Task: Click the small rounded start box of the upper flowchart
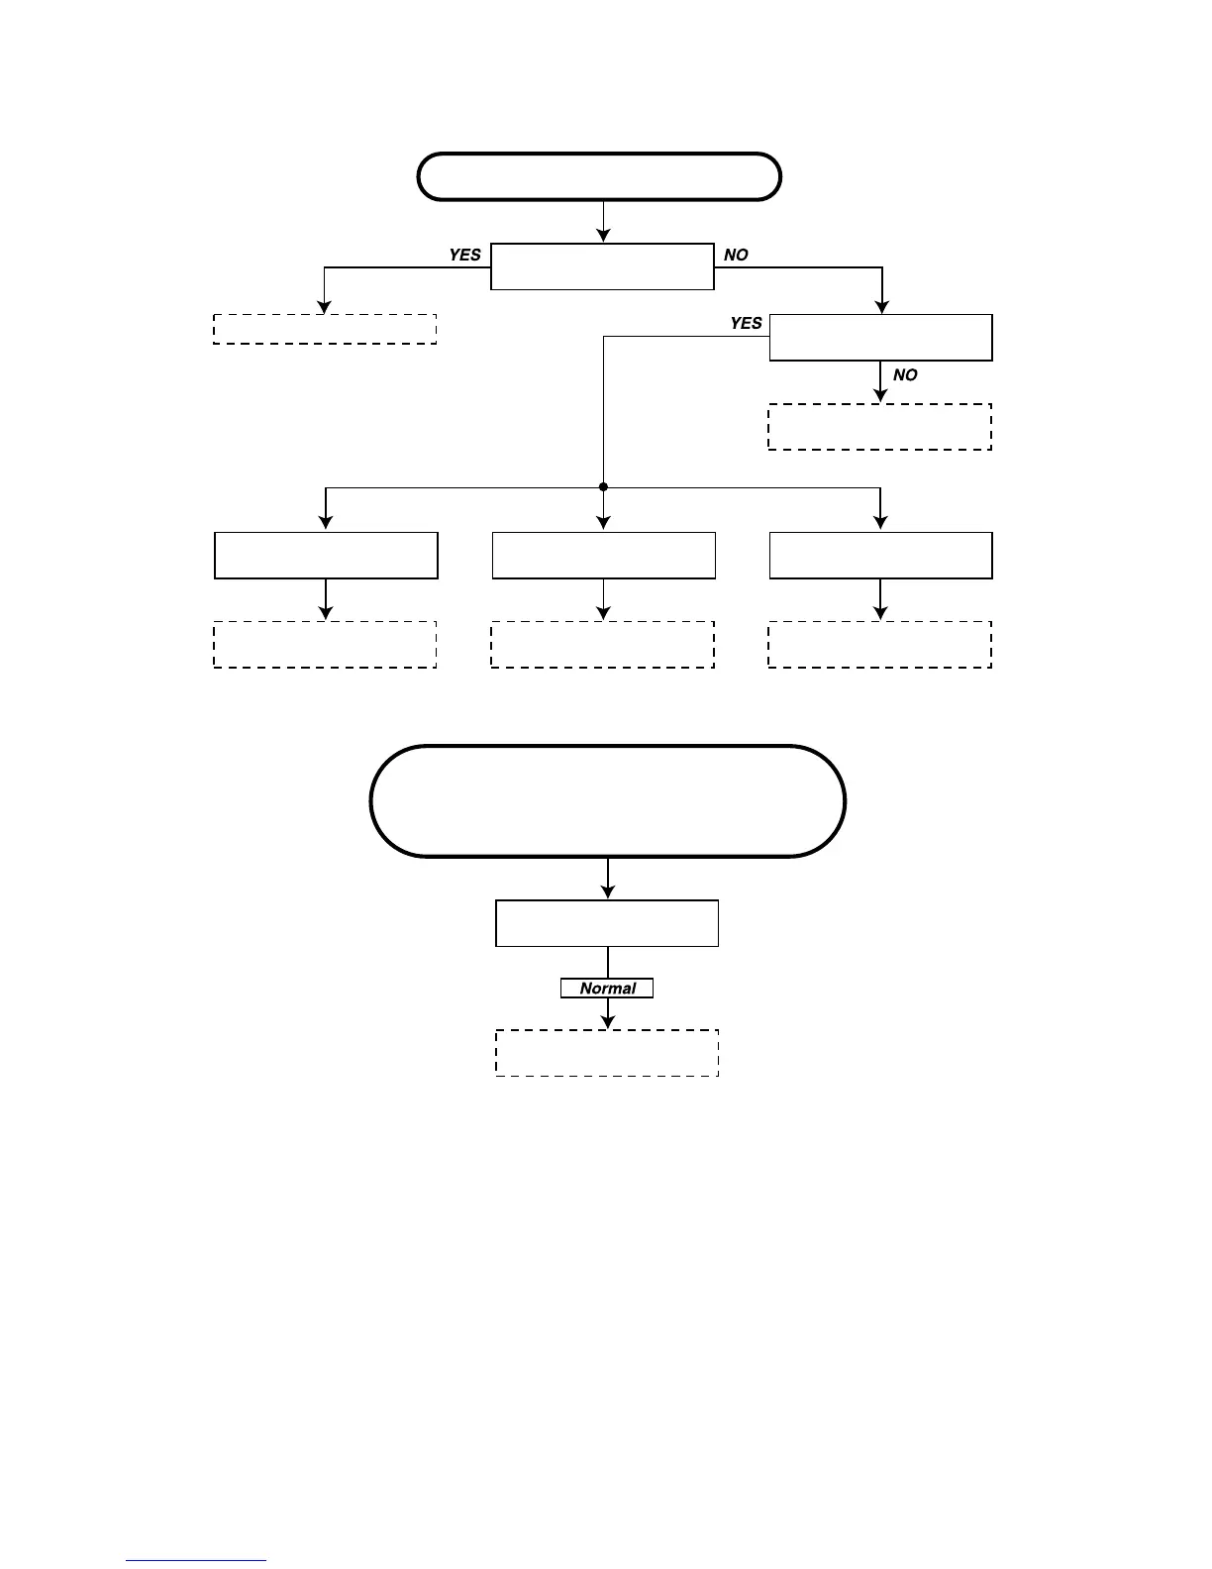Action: tap(600, 177)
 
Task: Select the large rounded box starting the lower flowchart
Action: tap(607, 800)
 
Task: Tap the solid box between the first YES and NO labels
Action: tap(602, 266)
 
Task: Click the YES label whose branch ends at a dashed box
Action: tap(464, 255)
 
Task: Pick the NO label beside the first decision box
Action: tap(736, 255)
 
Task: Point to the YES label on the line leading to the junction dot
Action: tap(746, 323)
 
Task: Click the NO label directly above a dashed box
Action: tap(905, 375)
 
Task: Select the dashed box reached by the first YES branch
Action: tap(325, 329)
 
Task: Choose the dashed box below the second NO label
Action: tap(879, 427)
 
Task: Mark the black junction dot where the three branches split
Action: tap(603, 487)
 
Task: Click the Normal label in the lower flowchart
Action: tap(607, 989)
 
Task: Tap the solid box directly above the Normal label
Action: tap(607, 923)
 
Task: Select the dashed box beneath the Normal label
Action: tap(607, 1053)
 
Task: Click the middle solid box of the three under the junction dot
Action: tap(603, 556)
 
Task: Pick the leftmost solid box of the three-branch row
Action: tap(326, 556)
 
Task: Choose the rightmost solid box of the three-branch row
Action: tap(880, 556)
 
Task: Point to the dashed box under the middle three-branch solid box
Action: tap(602, 644)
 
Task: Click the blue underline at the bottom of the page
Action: tap(196, 1561)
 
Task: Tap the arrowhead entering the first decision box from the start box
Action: tap(603, 236)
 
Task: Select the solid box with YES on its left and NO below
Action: tap(880, 338)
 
